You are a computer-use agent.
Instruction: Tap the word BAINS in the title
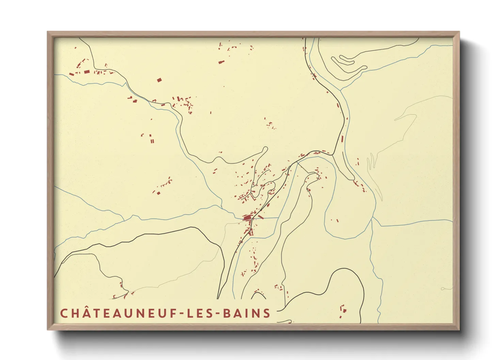point(247,313)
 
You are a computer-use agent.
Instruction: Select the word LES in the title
point(201,313)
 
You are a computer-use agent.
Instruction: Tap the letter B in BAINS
point(227,313)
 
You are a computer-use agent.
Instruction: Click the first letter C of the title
point(64,313)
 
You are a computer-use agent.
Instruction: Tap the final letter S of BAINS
point(267,313)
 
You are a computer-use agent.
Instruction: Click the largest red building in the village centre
point(247,217)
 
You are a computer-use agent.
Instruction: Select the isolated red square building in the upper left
point(159,80)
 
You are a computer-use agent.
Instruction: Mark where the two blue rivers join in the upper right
point(341,90)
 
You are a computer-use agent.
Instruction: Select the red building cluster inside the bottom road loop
point(343,310)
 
